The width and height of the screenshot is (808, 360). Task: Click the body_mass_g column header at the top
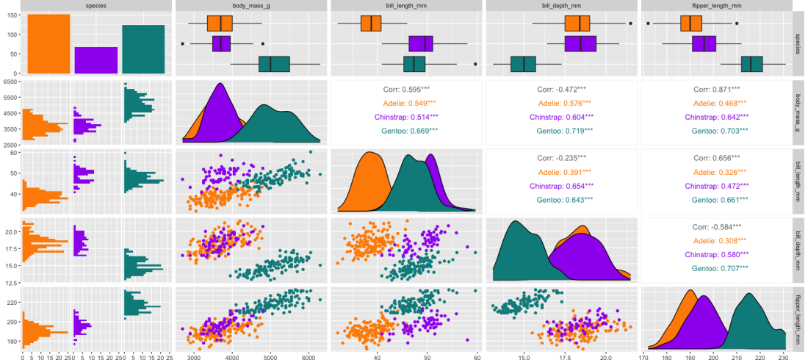coord(252,5)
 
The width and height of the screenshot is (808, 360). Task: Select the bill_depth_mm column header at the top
coord(561,5)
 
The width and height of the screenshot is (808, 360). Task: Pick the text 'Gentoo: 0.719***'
coord(561,131)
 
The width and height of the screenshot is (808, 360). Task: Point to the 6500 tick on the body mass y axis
coord(11,82)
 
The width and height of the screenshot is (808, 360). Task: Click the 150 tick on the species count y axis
coord(12,15)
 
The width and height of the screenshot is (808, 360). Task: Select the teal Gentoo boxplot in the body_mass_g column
coord(274,64)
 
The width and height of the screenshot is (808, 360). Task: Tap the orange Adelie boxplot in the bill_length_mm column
coord(371,24)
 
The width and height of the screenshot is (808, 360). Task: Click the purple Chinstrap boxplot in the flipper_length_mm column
coord(704,43)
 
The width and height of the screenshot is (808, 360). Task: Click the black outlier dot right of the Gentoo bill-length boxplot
coord(476,64)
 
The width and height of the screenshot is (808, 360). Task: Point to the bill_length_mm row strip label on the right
coord(799,181)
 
